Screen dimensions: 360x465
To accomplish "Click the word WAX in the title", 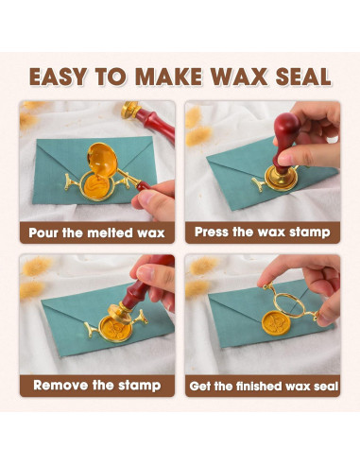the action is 239,77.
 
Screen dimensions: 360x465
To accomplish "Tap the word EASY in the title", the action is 58,77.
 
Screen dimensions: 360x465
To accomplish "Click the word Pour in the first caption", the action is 43,233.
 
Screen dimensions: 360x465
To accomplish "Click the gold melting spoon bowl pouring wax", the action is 102,159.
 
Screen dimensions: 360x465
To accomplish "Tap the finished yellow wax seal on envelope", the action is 276,323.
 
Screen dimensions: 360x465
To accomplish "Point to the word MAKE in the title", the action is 168,77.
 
